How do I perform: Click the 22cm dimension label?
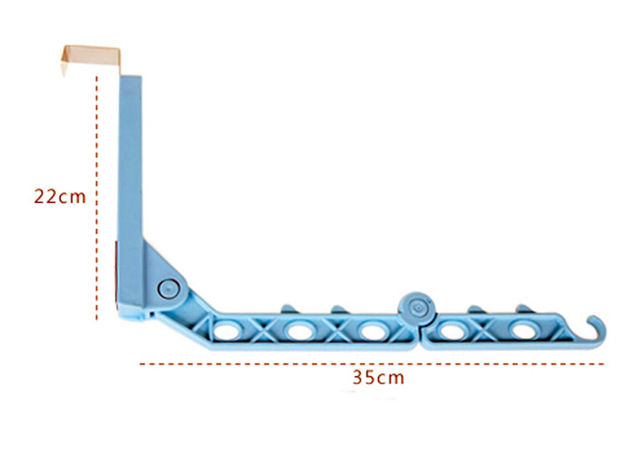click(x=60, y=197)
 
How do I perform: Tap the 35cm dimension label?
click(x=378, y=378)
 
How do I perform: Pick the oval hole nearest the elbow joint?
click(x=225, y=331)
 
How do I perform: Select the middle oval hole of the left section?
click(x=298, y=332)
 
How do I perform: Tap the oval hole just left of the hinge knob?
click(x=371, y=331)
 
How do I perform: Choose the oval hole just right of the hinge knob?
click(x=453, y=332)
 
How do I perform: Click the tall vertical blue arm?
click(x=130, y=177)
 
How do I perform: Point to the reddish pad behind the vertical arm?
click(x=118, y=274)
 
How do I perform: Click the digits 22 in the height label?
click(x=45, y=197)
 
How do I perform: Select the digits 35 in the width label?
click(x=363, y=378)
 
